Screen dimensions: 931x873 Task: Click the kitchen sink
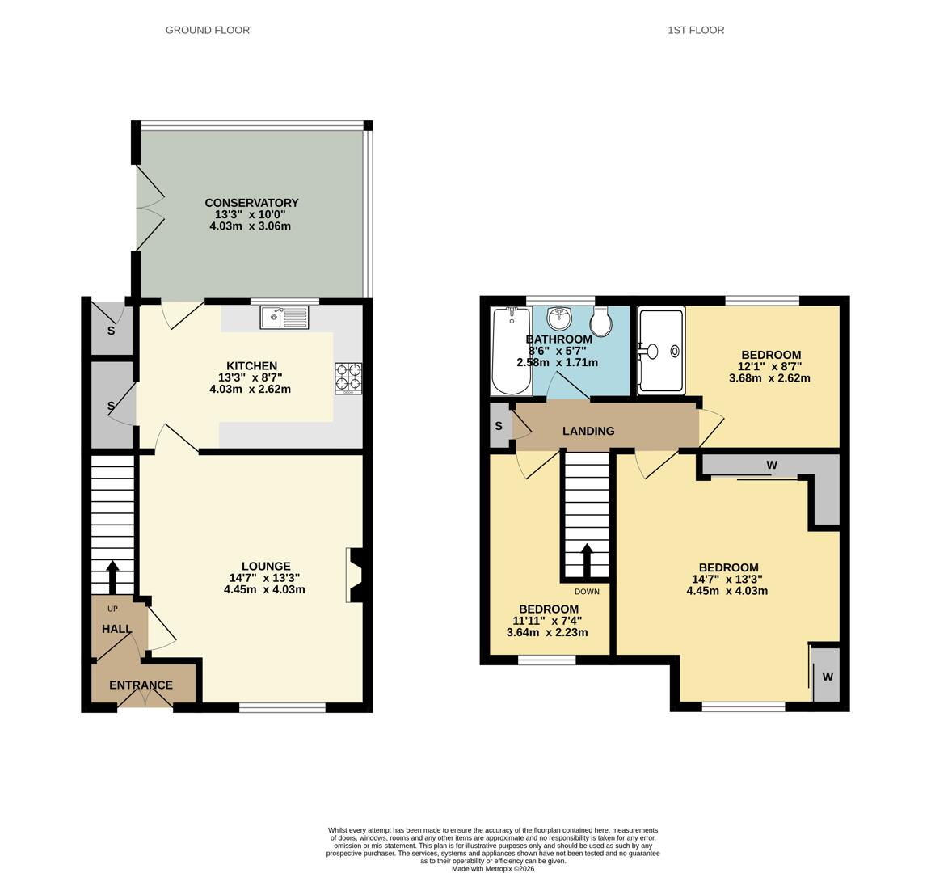coord(284,317)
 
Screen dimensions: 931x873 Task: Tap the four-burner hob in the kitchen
coord(348,379)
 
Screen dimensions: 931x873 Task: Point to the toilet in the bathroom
coord(601,321)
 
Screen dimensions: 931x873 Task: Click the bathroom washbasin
coord(559,318)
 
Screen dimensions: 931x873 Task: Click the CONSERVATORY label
coord(252,203)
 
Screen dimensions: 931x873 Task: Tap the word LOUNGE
coord(266,567)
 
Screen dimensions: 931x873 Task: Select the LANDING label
coord(588,431)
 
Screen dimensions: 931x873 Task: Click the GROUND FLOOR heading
coord(207,30)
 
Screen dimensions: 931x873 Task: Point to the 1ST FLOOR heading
coord(696,30)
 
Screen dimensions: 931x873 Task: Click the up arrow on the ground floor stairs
coord(112,576)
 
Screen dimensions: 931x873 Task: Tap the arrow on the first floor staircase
coord(586,560)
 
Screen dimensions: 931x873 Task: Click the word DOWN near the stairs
coord(588,592)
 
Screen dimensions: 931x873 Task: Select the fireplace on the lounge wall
coord(355,575)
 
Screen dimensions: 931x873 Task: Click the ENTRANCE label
coord(141,685)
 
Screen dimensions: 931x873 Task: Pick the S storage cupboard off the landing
coord(500,426)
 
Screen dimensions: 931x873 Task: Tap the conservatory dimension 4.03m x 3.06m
coord(250,226)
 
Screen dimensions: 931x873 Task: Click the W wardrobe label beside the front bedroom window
coord(828,677)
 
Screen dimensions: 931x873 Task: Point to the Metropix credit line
coord(493,868)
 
